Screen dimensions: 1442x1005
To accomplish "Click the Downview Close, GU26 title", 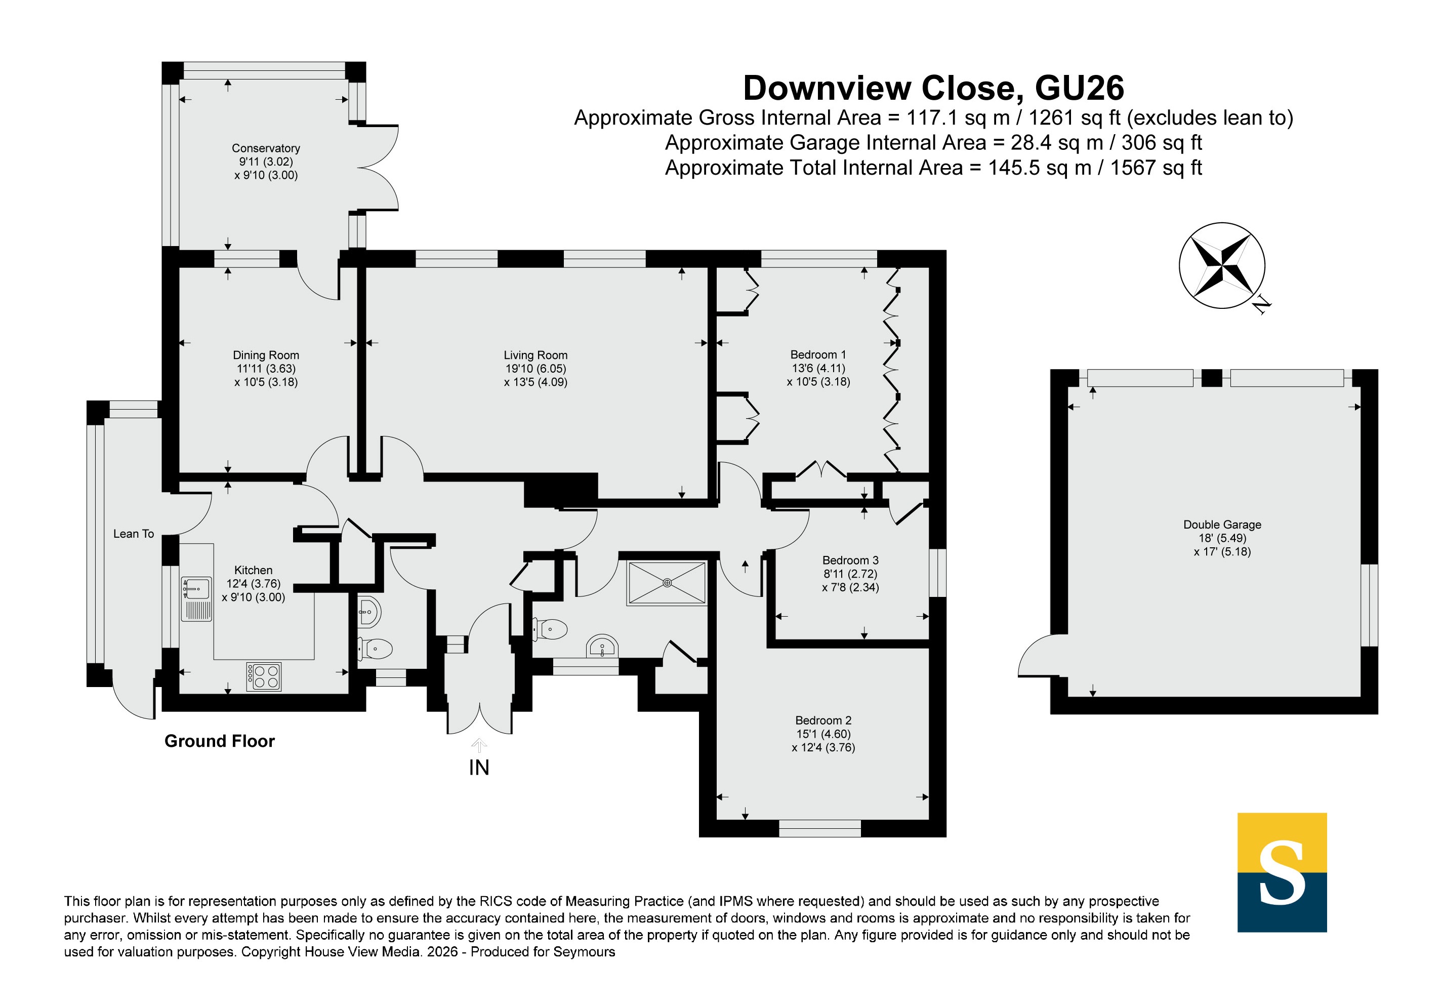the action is [x=933, y=88].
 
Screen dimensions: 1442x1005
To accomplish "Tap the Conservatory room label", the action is [x=266, y=148].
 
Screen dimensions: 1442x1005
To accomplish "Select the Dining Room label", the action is [x=266, y=355].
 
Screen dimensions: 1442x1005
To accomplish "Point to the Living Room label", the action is [x=535, y=355].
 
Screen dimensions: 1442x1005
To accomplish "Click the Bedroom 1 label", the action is [x=818, y=354].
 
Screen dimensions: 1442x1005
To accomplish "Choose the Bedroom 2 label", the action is [x=823, y=720].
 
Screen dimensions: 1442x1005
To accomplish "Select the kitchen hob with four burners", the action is [x=264, y=676].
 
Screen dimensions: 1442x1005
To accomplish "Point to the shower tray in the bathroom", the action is [x=667, y=583].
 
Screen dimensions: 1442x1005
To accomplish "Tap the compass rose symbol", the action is [x=1221, y=265].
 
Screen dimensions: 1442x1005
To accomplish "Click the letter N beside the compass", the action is [x=1260, y=306].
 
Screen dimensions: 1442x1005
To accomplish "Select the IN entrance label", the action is [x=479, y=768].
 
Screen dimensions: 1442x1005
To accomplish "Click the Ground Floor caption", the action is [x=219, y=741].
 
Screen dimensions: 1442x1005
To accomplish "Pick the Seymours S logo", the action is [x=1282, y=872].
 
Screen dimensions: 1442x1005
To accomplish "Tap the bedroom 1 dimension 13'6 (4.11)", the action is [x=818, y=368].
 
